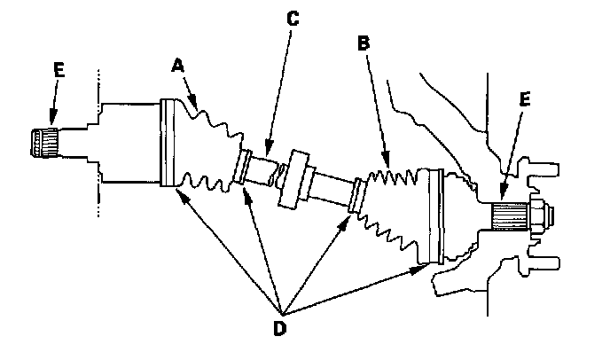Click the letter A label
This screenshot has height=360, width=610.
click(x=178, y=65)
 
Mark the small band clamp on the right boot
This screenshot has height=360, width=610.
click(x=356, y=196)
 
